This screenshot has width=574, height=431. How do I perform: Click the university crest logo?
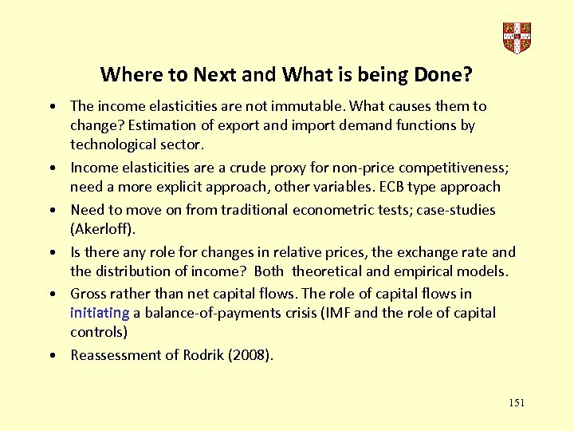click(517, 37)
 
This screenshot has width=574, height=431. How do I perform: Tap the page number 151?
click(517, 403)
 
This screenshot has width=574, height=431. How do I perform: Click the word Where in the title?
click(126, 75)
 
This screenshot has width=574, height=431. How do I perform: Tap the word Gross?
click(89, 294)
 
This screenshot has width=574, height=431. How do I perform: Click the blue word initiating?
click(100, 313)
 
